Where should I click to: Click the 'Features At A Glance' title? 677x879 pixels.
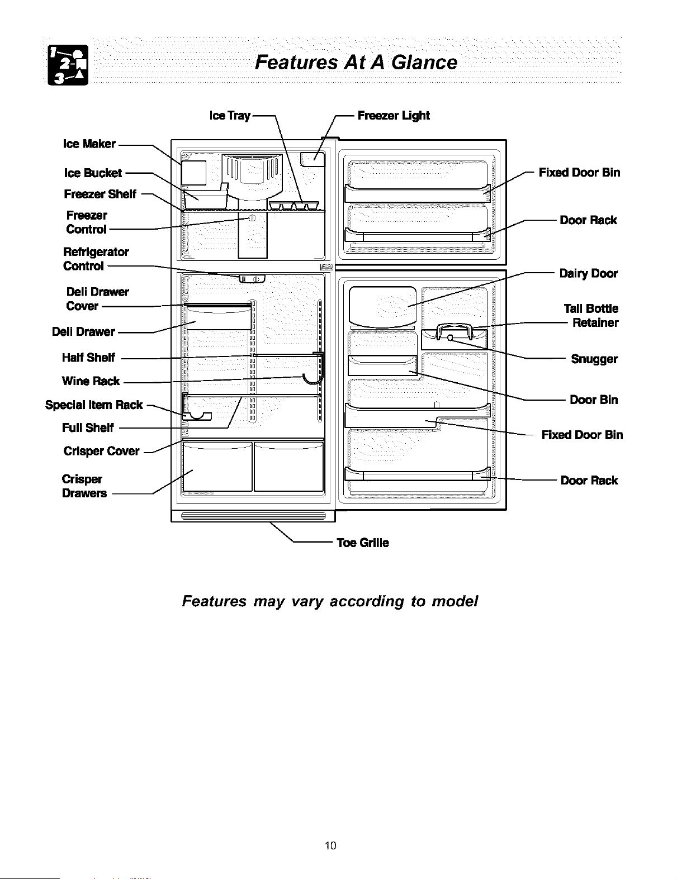(x=356, y=62)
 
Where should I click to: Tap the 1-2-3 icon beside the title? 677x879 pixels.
(x=68, y=65)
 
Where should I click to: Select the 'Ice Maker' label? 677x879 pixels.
(x=89, y=144)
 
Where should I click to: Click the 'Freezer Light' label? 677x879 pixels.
(x=394, y=116)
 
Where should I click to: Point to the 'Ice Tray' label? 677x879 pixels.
(x=230, y=116)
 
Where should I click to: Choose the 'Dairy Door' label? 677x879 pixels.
(x=588, y=274)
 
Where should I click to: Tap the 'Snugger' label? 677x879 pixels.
(x=594, y=359)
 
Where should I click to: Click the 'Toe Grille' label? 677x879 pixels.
(x=363, y=543)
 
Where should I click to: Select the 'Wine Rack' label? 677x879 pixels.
(x=91, y=381)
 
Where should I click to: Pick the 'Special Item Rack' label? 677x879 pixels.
(x=94, y=405)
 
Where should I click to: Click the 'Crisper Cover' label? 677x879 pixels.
(x=101, y=451)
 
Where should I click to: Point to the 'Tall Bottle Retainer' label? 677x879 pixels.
(x=591, y=316)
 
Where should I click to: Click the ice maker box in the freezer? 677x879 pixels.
(x=193, y=173)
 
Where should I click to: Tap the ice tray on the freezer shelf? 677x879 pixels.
(x=294, y=206)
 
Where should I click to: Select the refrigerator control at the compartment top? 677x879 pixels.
(x=252, y=279)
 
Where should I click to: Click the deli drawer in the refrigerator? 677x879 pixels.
(x=219, y=319)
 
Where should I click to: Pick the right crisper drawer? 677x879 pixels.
(x=288, y=467)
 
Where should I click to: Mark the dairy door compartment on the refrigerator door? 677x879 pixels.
(x=382, y=307)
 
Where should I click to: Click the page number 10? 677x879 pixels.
(x=330, y=845)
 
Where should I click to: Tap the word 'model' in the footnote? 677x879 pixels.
(x=455, y=601)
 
